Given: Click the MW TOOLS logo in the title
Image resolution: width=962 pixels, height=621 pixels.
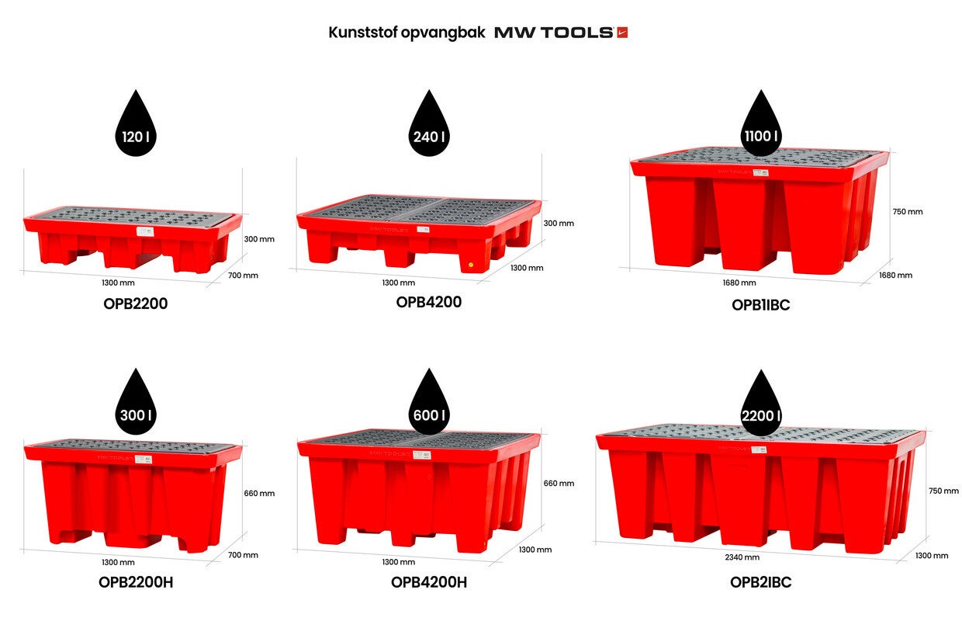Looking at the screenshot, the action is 561,33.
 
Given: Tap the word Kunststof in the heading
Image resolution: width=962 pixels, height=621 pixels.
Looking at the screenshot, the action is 363,33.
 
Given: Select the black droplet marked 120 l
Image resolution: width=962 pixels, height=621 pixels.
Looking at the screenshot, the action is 136,123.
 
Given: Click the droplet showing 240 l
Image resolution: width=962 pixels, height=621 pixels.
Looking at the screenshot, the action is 428,123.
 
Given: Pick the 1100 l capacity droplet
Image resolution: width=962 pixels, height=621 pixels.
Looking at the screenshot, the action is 761,123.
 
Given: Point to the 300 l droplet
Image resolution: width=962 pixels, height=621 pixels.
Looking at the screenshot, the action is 136,401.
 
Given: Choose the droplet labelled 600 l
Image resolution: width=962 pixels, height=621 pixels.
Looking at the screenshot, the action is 428,401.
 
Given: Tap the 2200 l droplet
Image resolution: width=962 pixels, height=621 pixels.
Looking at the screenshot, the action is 761,403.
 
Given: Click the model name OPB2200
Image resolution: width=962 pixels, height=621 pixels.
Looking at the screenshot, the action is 135,304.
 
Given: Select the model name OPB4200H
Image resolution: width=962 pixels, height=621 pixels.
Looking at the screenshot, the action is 428,582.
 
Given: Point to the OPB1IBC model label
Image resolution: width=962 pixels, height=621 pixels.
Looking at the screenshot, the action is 760,305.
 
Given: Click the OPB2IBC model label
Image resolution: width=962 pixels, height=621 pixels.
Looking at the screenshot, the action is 760,582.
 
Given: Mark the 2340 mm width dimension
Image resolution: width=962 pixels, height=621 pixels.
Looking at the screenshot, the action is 742,557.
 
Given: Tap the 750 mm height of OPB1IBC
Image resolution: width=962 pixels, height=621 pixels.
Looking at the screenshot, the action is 908,211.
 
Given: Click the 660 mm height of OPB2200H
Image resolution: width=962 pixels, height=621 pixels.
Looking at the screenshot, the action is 259,494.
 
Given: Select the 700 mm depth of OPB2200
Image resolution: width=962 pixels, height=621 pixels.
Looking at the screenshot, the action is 243,276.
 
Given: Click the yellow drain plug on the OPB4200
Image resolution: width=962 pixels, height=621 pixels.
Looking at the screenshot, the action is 471,265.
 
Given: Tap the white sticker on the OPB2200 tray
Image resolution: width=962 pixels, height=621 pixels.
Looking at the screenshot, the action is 145,231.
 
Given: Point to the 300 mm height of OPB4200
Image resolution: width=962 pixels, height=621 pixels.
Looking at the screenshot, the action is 559,224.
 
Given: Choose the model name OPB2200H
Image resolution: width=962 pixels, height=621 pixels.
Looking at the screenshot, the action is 136,582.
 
